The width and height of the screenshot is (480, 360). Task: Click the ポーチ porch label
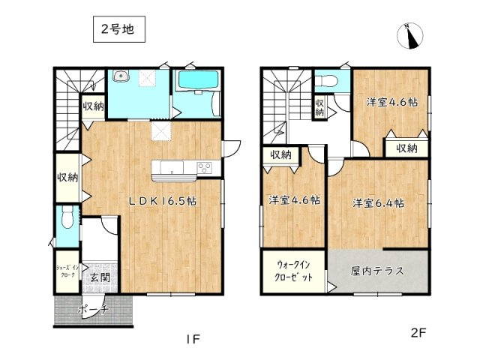tap(94, 309)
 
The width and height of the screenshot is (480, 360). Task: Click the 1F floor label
tap(193, 339)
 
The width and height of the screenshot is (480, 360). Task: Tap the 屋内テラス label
tap(377, 270)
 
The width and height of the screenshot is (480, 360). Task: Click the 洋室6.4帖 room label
tap(379, 203)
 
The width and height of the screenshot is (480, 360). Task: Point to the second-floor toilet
tap(327, 79)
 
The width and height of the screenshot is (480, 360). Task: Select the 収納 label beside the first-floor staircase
tap(93, 107)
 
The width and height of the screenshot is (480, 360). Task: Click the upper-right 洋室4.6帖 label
tap(391, 103)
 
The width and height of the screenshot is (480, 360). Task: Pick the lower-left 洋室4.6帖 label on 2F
tap(295, 201)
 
